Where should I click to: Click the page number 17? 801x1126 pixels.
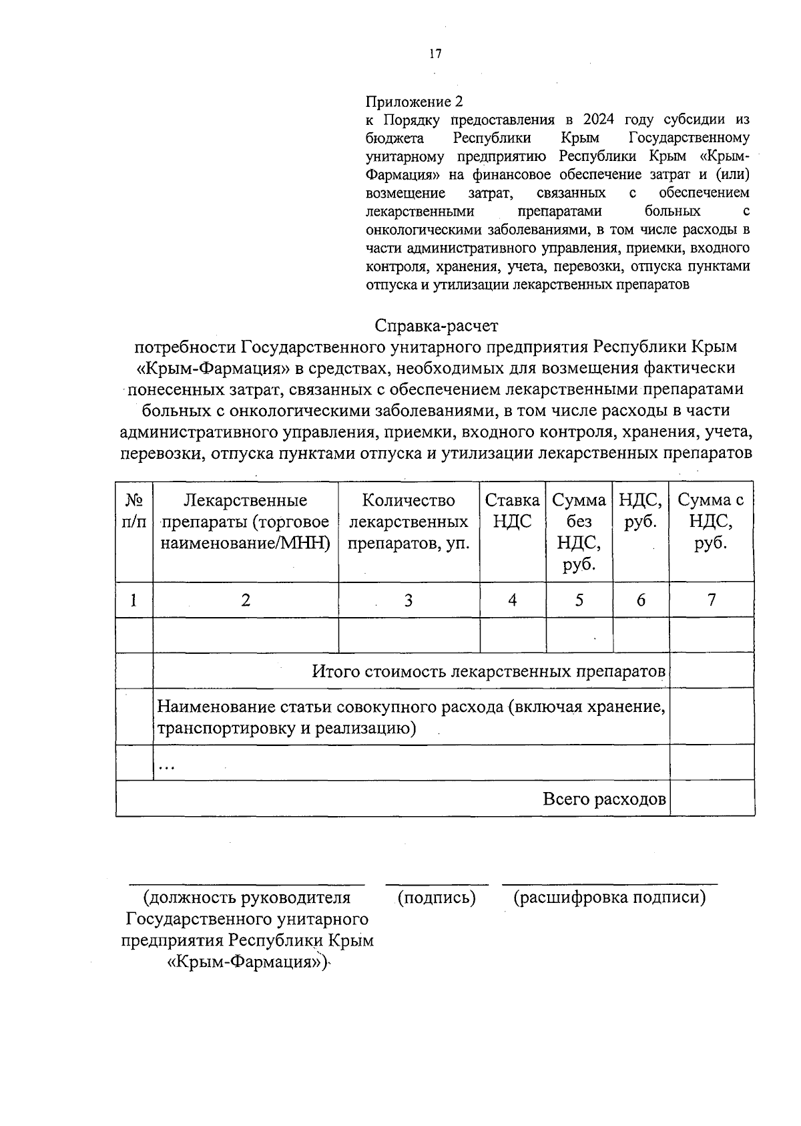pyautogui.click(x=435, y=54)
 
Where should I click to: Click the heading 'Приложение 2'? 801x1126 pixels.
pyautogui.click(x=414, y=102)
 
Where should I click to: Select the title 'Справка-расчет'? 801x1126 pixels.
pyautogui.click(x=437, y=326)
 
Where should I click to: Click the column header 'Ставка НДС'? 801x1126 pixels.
pyautogui.click(x=512, y=511)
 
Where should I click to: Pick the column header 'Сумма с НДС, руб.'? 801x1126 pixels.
pyautogui.click(x=711, y=522)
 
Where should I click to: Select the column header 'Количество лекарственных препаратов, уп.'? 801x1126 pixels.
pyautogui.click(x=409, y=522)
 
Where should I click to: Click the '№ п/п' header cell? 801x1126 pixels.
pyautogui.click(x=134, y=511)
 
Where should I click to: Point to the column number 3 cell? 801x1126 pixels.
pyautogui.click(x=409, y=600)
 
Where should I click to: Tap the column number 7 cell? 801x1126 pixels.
pyautogui.click(x=712, y=600)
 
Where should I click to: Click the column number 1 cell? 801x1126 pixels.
pyautogui.click(x=134, y=600)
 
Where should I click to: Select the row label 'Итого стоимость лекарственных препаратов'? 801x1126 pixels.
pyautogui.click(x=489, y=671)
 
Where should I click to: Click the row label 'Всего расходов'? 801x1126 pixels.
pyautogui.click(x=604, y=799)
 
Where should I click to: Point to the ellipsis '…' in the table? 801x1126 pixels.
pyautogui.click(x=166, y=767)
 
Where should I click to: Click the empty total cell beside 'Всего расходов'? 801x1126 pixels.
pyautogui.click(x=712, y=799)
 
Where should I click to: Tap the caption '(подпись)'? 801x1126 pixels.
pyautogui.click(x=437, y=898)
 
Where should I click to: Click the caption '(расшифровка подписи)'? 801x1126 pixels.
pyautogui.click(x=609, y=898)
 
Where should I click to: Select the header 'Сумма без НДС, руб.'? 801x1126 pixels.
pyautogui.click(x=579, y=532)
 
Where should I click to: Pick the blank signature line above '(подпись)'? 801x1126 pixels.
pyautogui.click(x=437, y=884)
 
